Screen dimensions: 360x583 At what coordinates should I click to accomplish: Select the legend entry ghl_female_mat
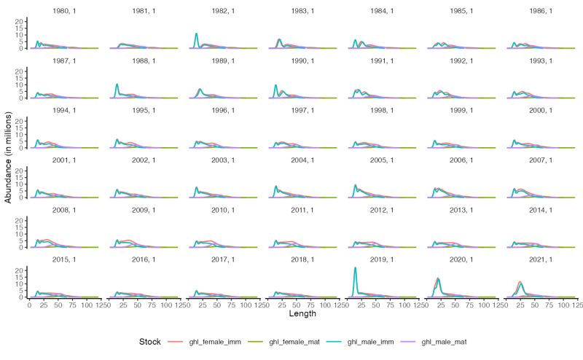pyautogui.click(x=283, y=341)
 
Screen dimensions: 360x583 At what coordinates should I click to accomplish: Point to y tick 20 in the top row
pyautogui.click(x=21, y=20)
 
